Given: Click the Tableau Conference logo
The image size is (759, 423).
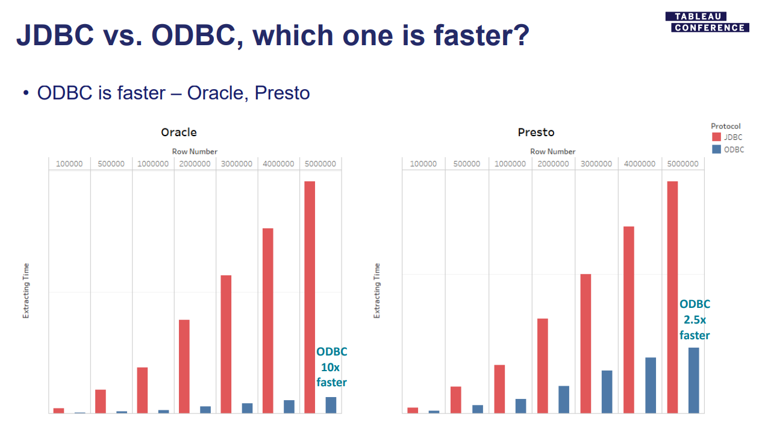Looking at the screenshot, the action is pyautogui.click(x=707, y=22).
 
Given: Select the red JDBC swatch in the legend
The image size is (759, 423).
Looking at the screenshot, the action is pyautogui.click(x=716, y=137).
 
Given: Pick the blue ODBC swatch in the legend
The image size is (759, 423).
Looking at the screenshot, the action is pyautogui.click(x=716, y=149).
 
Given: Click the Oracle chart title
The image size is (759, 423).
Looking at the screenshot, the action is pyautogui.click(x=178, y=132).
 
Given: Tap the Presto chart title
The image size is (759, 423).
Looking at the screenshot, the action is pyautogui.click(x=536, y=132).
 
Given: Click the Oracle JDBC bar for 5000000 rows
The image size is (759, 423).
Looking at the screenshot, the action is pyautogui.click(x=310, y=297).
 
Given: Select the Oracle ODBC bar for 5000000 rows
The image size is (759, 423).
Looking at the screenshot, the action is pyautogui.click(x=331, y=405).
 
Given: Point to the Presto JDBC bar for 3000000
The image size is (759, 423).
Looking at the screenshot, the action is pyautogui.click(x=586, y=343).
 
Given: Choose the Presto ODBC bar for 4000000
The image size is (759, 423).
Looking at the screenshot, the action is pyautogui.click(x=650, y=386).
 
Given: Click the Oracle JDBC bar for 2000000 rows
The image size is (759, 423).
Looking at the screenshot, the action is pyautogui.click(x=184, y=366).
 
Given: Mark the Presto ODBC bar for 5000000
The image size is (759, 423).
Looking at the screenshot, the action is pyautogui.click(x=693, y=380).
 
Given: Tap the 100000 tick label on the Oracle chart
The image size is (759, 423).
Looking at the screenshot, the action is pyautogui.click(x=69, y=164).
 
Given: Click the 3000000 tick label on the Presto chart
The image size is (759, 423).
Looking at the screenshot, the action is pyautogui.click(x=596, y=164).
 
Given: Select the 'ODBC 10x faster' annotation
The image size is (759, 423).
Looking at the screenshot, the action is pyautogui.click(x=331, y=367).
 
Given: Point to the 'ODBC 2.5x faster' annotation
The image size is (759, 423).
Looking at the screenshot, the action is pyautogui.click(x=695, y=319).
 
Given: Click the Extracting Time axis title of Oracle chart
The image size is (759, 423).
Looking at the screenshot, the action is pyautogui.click(x=26, y=291).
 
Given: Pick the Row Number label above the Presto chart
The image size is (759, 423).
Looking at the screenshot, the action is pyautogui.click(x=552, y=151).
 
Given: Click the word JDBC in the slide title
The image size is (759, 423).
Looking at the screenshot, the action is pyautogui.click(x=55, y=35).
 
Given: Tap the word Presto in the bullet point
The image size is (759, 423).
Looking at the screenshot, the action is pyautogui.click(x=283, y=93).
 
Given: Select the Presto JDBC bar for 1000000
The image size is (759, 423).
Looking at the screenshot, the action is pyautogui.click(x=499, y=389).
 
